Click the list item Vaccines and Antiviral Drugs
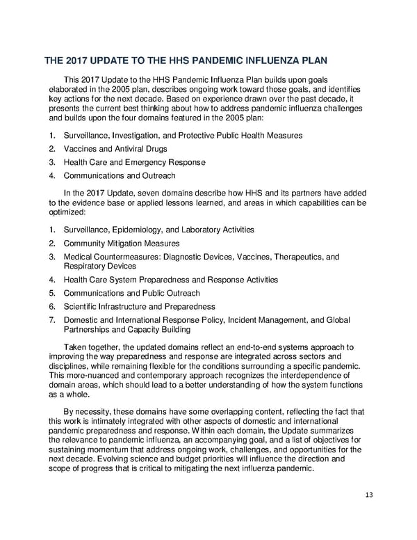[x=115, y=149]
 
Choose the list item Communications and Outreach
[x=120, y=176]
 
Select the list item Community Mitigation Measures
[x=122, y=244]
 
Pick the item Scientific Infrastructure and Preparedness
[x=140, y=306]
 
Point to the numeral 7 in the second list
[x=52, y=320]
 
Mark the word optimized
[x=67, y=212]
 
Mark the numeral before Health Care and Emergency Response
[x=52, y=162]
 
